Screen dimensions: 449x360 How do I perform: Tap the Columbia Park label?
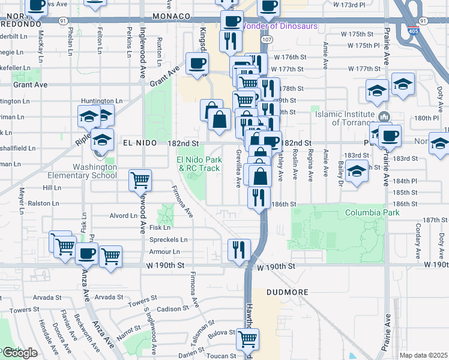[x=369, y=213]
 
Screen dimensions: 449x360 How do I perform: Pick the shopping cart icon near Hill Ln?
[x=140, y=179]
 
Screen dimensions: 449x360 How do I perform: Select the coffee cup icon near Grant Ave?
[x=197, y=64]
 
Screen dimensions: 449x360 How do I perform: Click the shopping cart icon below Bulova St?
[x=248, y=339]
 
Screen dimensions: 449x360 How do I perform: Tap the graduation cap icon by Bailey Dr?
[x=357, y=172]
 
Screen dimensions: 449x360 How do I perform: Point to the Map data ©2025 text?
[x=423, y=355]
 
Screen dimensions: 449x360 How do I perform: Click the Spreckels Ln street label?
[x=169, y=239]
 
